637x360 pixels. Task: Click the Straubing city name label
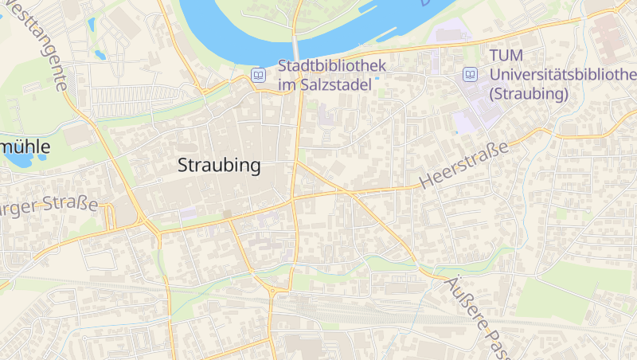coord(220,166)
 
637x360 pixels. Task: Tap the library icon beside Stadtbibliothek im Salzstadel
coord(258,75)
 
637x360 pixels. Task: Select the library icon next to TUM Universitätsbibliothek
coord(471,75)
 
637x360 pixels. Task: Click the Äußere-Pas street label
coord(475,319)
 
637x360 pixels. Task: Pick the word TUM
coord(506,56)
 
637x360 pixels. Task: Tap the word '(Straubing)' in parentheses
coord(530,93)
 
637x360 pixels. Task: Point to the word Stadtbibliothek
coord(331,65)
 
